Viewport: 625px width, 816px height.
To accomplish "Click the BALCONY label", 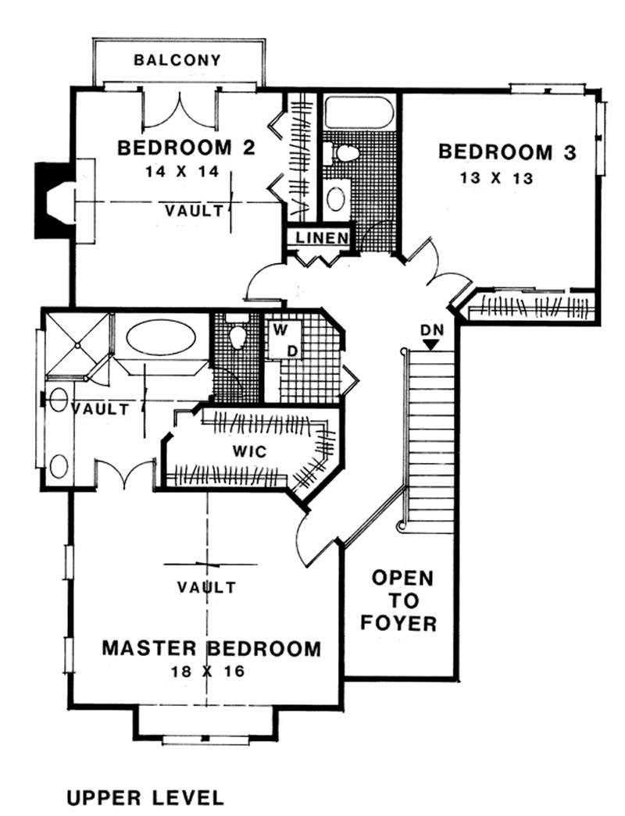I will tap(177, 60).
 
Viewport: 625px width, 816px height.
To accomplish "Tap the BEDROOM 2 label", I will tap(186, 148).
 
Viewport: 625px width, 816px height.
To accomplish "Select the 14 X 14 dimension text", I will tap(186, 171).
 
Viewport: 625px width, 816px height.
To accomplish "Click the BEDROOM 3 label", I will tap(507, 151).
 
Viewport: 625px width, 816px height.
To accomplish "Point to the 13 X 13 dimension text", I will tap(497, 178).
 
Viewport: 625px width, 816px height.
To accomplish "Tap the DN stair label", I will tap(432, 329).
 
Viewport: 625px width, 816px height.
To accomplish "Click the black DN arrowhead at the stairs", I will tap(432, 343).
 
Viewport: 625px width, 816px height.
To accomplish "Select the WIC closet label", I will tap(249, 451).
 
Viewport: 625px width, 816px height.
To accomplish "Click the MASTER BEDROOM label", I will tap(212, 648).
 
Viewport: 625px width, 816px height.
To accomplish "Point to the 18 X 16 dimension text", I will tap(206, 672).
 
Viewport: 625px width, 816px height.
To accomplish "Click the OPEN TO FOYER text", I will tap(402, 600).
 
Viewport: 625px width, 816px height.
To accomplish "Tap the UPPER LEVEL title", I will tap(145, 797).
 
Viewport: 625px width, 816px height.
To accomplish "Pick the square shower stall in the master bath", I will tap(76, 342).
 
